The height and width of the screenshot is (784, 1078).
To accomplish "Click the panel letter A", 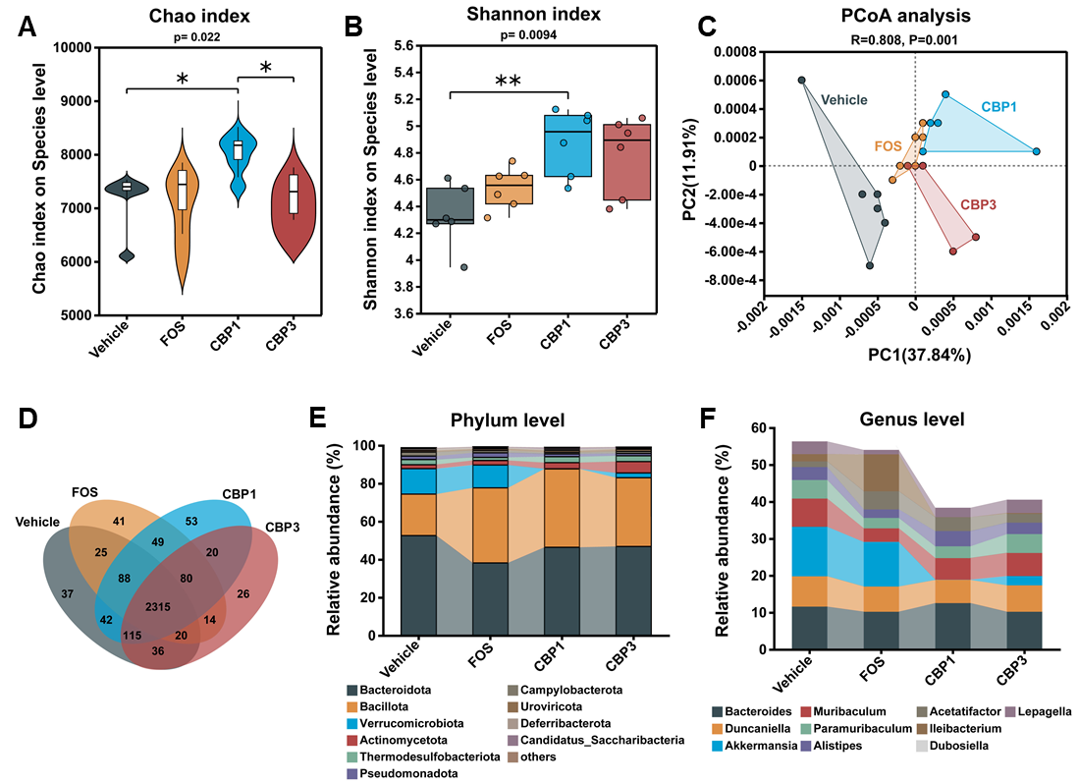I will point(27,28).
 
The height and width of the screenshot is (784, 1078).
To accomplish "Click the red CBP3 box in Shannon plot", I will point(627,161).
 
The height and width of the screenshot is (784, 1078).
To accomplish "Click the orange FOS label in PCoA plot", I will point(888,145).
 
